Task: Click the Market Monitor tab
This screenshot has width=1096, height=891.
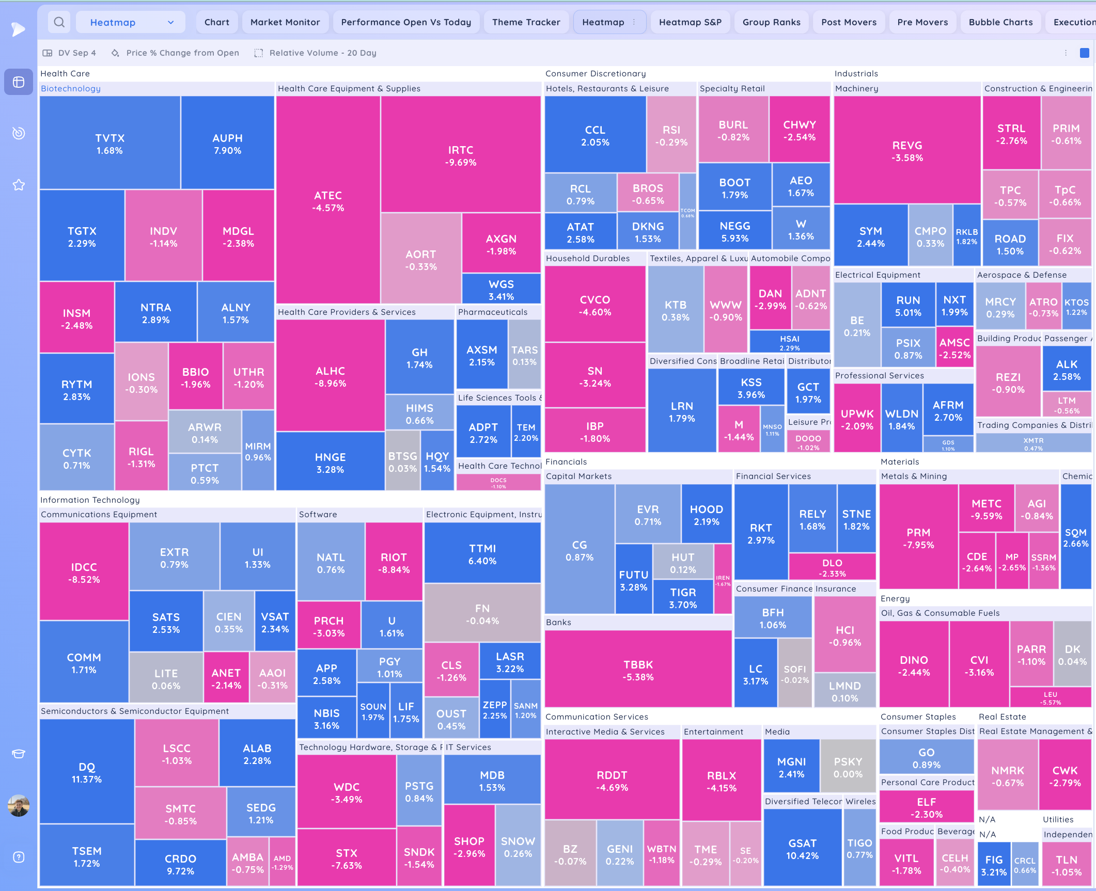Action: [x=285, y=22]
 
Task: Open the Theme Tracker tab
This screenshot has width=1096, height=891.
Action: [x=526, y=22]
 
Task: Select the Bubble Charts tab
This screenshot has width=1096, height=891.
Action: [x=1000, y=22]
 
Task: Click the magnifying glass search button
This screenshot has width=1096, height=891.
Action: [x=59, y=22]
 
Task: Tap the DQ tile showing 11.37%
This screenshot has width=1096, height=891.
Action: [x=87, y=772]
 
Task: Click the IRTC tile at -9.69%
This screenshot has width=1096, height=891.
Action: [x=460, y=155]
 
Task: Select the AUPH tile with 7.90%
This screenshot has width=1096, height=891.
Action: [x=227, y=144]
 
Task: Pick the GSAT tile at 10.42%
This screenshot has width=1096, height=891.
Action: [x=802, y=849]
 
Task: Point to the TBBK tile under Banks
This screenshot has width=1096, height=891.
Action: [x=638, y=670]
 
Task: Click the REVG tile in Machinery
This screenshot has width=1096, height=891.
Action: [x=907, y=151]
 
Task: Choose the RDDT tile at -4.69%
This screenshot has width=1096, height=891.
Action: [x=612, y=781]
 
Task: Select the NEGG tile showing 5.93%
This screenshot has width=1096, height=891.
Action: [x=734, y=231]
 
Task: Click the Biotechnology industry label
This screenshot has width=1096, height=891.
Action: [x=71, y=88]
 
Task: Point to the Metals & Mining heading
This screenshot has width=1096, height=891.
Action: [x=914, y=476]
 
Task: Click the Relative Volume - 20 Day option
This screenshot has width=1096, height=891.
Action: [x=322, y=53]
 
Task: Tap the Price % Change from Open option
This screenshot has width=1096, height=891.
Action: [x=182, y=53]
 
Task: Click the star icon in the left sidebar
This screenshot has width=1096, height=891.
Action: [x=19, y=185]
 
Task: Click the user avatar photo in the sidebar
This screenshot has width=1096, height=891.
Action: [x=19, y=805]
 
